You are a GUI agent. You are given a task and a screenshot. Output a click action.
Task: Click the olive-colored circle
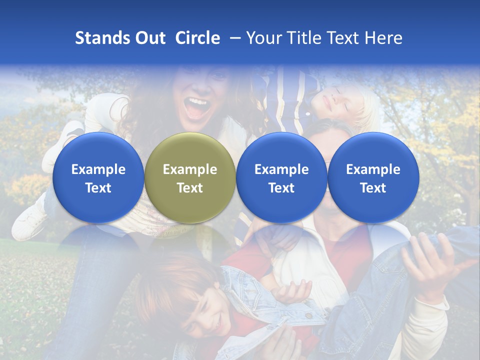(x=190, y=177)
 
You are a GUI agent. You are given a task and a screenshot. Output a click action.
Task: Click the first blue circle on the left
(x=98, y=177)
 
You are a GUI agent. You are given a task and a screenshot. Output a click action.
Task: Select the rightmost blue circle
(x=373, y=177)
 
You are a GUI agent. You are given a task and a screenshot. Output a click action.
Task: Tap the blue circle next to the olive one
(x=281, y=177)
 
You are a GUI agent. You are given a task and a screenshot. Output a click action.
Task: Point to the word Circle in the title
(x=197, y=38)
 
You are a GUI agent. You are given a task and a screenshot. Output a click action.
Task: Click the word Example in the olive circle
(x=190, y=169)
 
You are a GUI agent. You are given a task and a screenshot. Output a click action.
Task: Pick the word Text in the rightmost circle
(x=373, y=187)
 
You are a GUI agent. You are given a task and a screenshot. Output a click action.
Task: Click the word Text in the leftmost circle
(x=98, y=187)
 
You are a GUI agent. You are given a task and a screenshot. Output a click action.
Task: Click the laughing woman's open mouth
(x=198, y=106)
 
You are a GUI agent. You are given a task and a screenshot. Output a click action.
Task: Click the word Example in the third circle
(x=281, y=169)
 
